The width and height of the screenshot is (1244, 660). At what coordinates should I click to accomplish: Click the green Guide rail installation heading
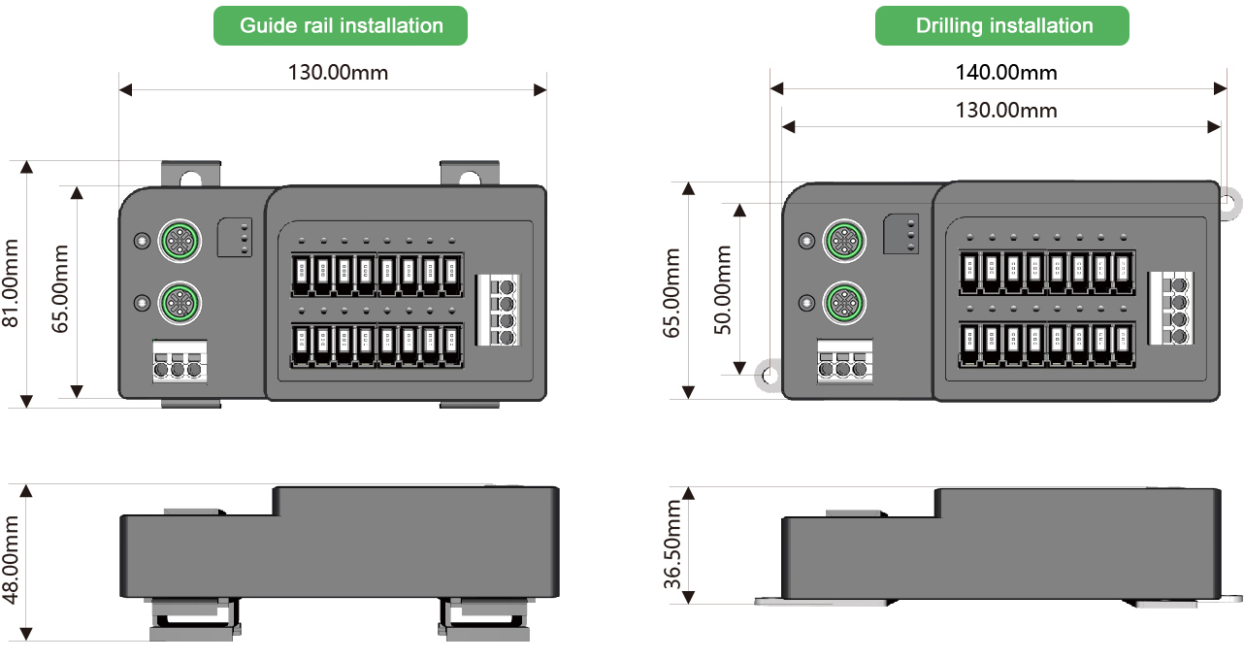click(341, 25)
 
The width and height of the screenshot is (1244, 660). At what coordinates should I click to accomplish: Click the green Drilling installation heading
click(1002, 25)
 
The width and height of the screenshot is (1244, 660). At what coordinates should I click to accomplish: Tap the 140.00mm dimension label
click(1004, 72)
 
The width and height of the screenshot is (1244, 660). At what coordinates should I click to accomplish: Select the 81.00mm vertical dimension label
click(14, 283)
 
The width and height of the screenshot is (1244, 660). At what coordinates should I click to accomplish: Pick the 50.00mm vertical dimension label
click(723, 289)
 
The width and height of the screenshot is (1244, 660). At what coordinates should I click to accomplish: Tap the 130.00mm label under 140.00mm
click(1006, 110)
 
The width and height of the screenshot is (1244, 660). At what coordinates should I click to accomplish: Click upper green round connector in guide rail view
click(179, 239)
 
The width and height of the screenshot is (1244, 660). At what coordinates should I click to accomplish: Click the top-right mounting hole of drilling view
click(1228, 202)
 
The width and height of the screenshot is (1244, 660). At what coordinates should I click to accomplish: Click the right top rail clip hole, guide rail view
click(470, 178)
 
